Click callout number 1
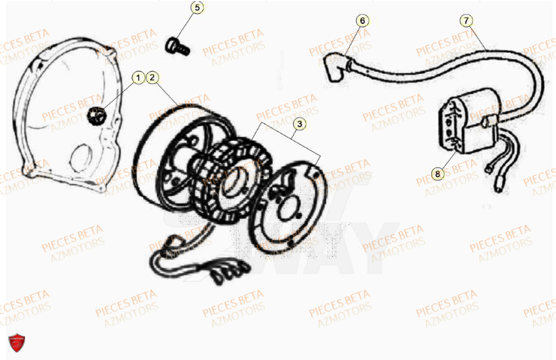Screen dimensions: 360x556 tap(138, 79)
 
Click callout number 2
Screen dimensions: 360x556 tap(153, 79)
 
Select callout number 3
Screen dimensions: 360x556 tap(298, 124)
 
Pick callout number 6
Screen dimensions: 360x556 tap(362, 20)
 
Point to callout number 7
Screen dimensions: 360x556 tap(466, 20)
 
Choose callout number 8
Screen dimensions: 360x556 tap(437, 174)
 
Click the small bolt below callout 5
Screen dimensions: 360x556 tap(177, 45)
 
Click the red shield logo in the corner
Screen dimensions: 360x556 tap(14, 345)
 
